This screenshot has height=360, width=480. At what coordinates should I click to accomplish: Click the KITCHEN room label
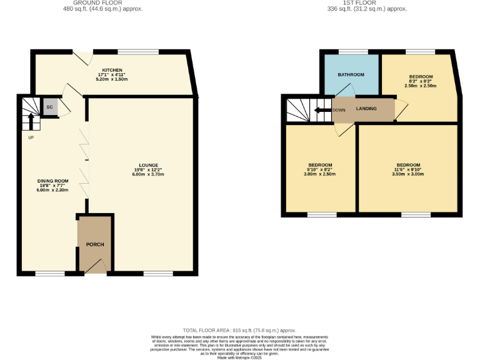click(x=112, y=70)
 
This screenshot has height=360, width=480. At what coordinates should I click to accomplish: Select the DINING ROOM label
click(x=52, y=181)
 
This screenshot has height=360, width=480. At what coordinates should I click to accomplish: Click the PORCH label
click(x=95, y=244)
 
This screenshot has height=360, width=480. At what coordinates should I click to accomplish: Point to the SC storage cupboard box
click(x=49, y=107)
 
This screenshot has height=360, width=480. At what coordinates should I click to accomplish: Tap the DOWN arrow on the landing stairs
click(x=322, y=109)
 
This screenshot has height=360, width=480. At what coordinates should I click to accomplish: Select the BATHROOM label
click(x=351, y=75)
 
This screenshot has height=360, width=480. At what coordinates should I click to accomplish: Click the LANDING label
click(x=366, y=109)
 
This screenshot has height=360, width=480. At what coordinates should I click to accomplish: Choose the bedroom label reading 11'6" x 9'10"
click(x=409, y=165)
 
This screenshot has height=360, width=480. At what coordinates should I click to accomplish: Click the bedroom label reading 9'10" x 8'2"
click(x=320, y=165)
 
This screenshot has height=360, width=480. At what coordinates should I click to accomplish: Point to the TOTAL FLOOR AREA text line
click(x=239, y=330)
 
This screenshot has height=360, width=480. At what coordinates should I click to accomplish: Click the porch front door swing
click(x=96, y=267)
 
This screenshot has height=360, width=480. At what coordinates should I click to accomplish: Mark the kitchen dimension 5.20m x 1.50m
click(x=112, y=79)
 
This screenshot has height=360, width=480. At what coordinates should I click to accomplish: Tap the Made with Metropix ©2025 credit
click(x=239, y=357)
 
